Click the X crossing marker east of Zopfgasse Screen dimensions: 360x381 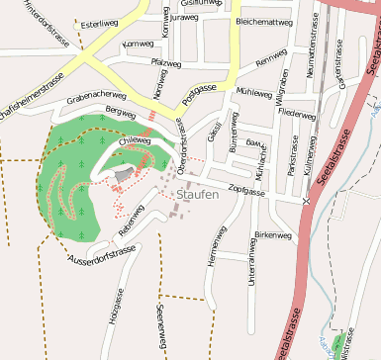(307, 201)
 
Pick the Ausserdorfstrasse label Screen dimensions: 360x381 (102, 258)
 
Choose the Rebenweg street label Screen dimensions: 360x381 (132, 224)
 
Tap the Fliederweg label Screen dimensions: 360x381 (297, 115)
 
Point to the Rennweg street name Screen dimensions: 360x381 (269, 61)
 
